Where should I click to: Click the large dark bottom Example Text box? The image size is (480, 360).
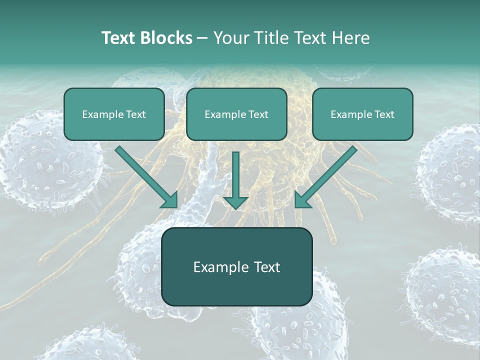click(x=237, y=267)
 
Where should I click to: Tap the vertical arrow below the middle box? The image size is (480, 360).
click(x=235, y=175)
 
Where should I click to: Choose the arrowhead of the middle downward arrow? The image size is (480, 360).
click(x=235, y=201)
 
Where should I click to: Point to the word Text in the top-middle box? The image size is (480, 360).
click(x=258, y=114)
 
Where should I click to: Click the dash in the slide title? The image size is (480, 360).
click(x=202, y=38)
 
